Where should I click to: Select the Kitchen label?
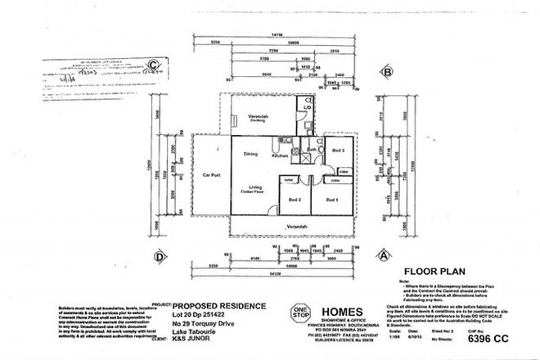pos(281,155)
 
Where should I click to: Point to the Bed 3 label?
pos(338,150)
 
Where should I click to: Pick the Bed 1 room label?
pos(331,199)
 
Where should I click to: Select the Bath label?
pos(313,150)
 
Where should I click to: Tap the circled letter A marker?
pos(381,254)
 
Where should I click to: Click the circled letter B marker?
pos(384,72)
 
